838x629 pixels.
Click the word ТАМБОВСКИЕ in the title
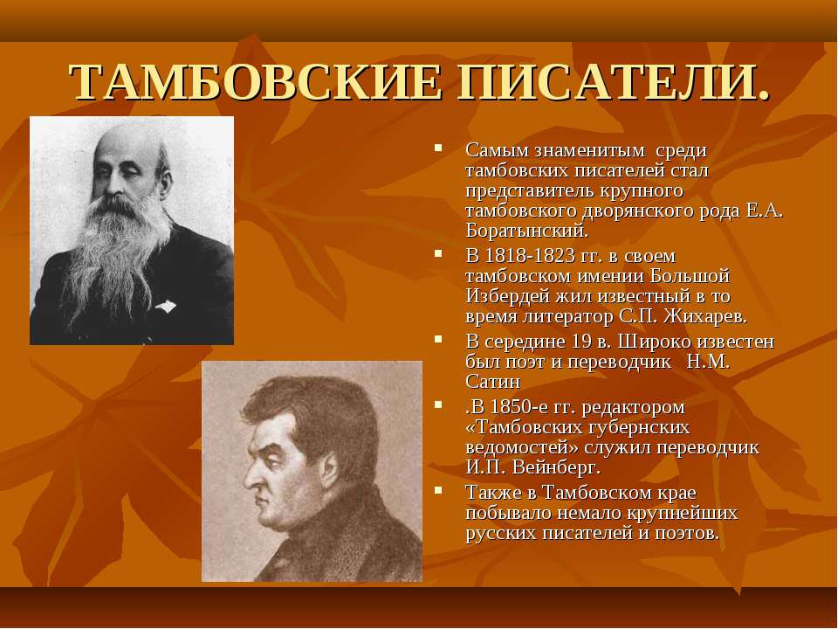tap(257, 83)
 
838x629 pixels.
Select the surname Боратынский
tap(527, 231)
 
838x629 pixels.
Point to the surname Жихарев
tap(705, 316)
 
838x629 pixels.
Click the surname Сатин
tap(492, 382)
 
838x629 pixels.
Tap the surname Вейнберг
tap(556, 468)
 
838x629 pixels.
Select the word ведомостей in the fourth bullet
tap(522, 447)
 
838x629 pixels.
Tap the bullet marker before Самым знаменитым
tap(438, 147)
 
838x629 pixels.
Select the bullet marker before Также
tap(438, 489)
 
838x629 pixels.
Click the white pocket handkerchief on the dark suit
tap(166, 307)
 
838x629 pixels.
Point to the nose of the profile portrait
tap(251, 479)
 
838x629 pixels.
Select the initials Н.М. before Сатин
tap(708, 362)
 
